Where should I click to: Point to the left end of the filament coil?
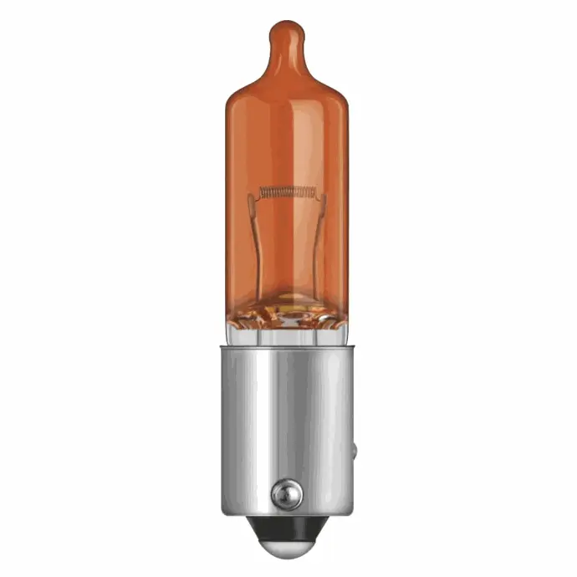pos(262,191)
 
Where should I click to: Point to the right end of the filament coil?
pos(315,191)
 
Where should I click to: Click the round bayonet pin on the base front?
pos(287,489)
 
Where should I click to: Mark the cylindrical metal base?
pos(288,418)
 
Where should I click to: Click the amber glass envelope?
pos(288,142)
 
